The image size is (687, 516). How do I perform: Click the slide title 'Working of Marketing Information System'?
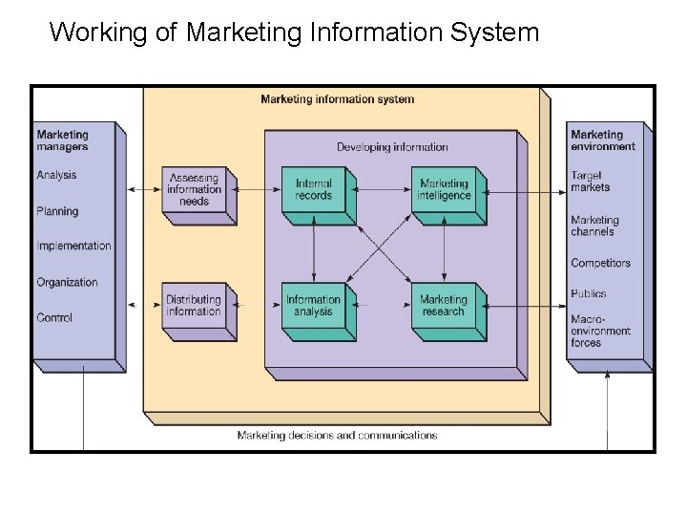294,32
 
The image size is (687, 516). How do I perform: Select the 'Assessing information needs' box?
194,189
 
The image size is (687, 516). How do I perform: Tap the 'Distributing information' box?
194,306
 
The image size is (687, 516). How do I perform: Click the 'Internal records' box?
314,189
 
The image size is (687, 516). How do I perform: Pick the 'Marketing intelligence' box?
444,189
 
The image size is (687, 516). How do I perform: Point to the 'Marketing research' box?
444,306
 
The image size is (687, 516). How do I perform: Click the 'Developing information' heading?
392,147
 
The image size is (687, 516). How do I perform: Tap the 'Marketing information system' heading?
337,99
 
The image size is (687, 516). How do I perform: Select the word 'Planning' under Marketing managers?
57,211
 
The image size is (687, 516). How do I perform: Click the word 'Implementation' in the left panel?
73,247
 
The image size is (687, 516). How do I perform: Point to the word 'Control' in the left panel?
54,317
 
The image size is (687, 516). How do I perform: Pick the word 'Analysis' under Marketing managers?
56,176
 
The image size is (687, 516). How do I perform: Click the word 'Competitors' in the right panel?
600,263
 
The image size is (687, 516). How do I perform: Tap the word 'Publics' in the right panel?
589,293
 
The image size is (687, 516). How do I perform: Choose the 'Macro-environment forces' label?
600,331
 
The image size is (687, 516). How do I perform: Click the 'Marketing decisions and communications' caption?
337,436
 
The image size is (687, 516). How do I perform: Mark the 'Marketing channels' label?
594,226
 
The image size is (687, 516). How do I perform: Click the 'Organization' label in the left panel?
67,282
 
